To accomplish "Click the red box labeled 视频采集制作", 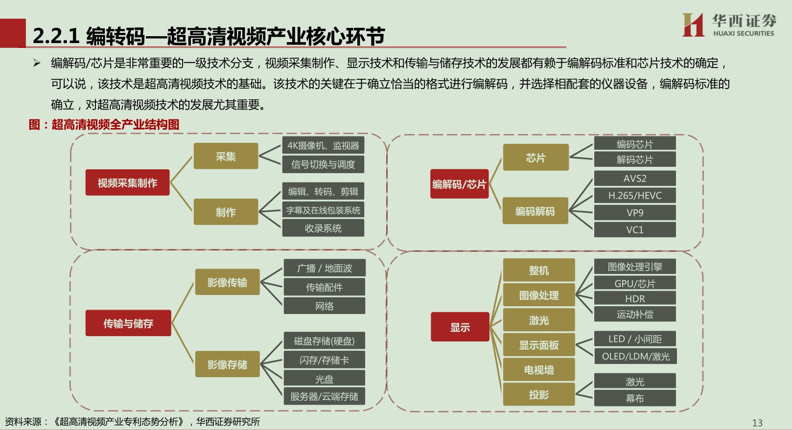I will click(x=127, y=182).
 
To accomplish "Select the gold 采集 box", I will click(x=226, y=156).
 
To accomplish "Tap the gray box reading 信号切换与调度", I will click(x=323, y=164).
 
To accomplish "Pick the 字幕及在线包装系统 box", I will click(x=323, y=210).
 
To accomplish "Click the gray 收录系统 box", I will click(x=323, y=228).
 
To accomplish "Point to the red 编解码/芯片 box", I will click(x=459, y=184).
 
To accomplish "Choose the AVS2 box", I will click(x=635, y=179).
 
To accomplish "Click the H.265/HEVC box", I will click(x=635, y=196).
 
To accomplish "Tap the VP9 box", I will click(x=635, y=213).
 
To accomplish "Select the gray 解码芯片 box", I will click(x=635, y=159).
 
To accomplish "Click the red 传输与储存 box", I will click(x=128, y=323).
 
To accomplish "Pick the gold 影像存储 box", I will click(x=227, y=364).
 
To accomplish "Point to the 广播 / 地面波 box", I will click(x=325, y=268).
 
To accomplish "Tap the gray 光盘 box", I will click(x=325, y=379).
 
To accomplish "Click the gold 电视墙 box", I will click(x=539, y=370).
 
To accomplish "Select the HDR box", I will click(x=635, y=298).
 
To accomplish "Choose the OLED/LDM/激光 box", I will click(x=635, y=356).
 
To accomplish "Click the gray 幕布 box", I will click(x=635, y=398).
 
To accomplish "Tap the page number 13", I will click(x=757, y=423).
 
